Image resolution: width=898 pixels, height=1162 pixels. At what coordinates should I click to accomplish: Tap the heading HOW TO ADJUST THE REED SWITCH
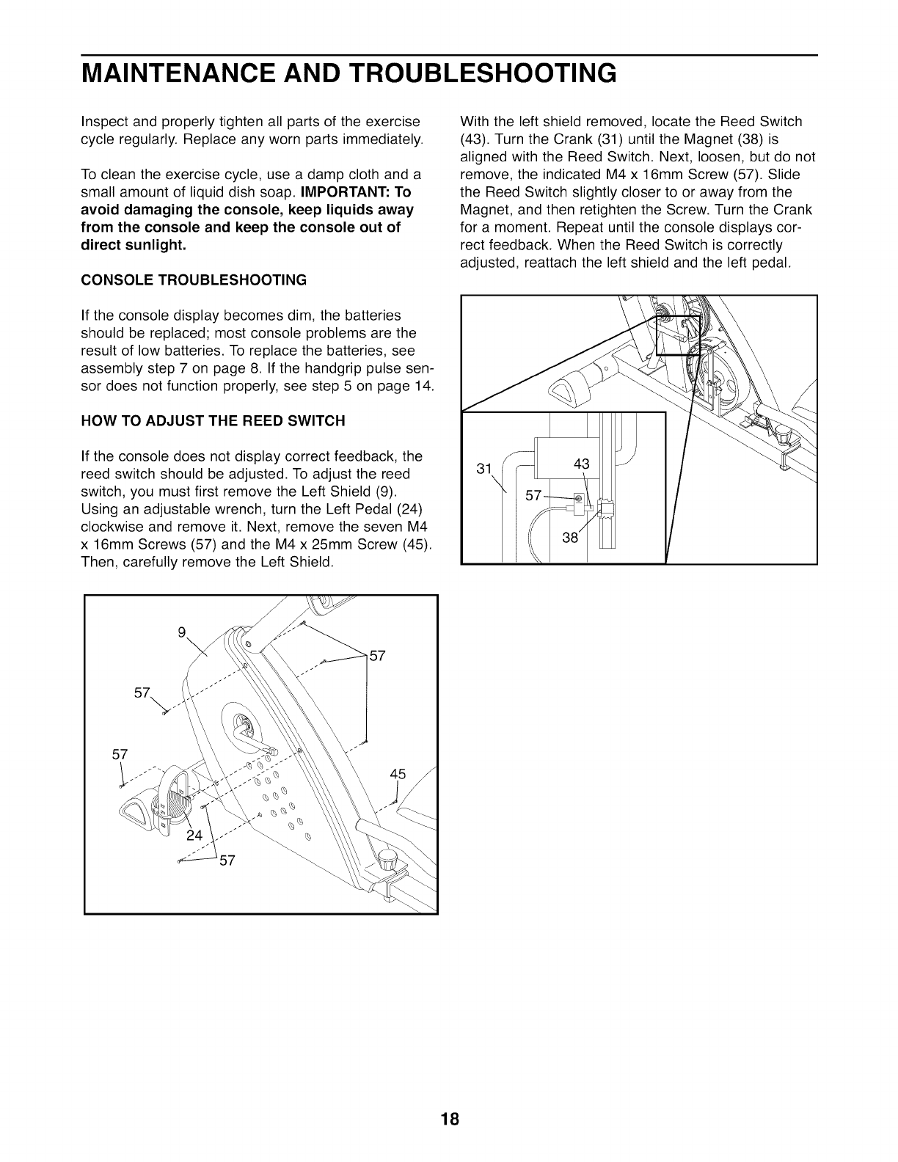212,421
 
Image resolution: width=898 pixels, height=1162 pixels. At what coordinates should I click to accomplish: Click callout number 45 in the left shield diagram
398,774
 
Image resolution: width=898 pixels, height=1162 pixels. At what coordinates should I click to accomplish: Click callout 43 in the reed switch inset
581,464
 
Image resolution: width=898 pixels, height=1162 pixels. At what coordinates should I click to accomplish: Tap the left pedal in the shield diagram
158,800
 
